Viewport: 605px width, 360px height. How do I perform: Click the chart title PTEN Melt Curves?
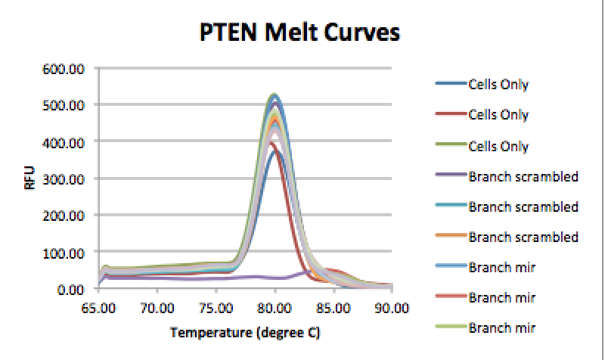[301, 33]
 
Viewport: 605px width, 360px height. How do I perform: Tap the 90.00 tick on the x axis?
[392, 308]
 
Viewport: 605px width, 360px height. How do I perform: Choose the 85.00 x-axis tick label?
[334, 308]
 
